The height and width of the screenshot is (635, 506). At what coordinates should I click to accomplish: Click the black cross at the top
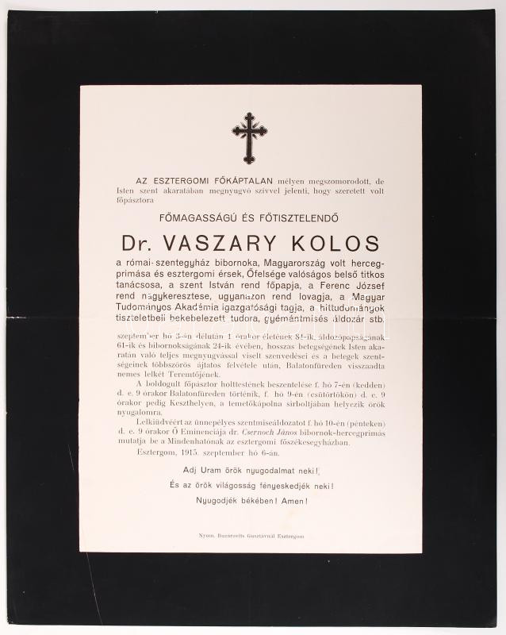tap(249, 137)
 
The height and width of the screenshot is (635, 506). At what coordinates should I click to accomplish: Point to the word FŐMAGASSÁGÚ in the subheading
tap(194, 214)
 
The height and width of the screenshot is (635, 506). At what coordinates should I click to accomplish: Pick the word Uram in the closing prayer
tap(216, 471)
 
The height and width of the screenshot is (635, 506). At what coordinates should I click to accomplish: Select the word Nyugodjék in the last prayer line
tap(220, 501)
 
